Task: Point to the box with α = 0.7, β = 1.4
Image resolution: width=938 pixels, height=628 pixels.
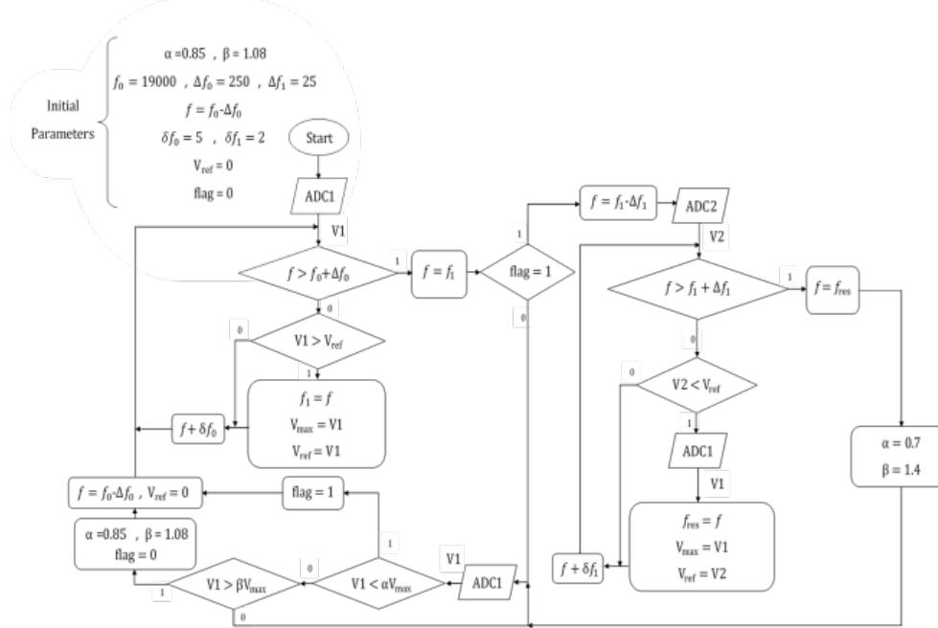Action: pos(893,457)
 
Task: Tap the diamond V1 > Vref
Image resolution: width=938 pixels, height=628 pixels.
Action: pos(318,340)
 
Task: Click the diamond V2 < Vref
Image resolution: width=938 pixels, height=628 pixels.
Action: pos(697,385)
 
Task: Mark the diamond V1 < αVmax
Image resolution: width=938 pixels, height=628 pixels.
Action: pos(378,581)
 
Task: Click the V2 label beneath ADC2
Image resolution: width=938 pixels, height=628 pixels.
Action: pos(717,235)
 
